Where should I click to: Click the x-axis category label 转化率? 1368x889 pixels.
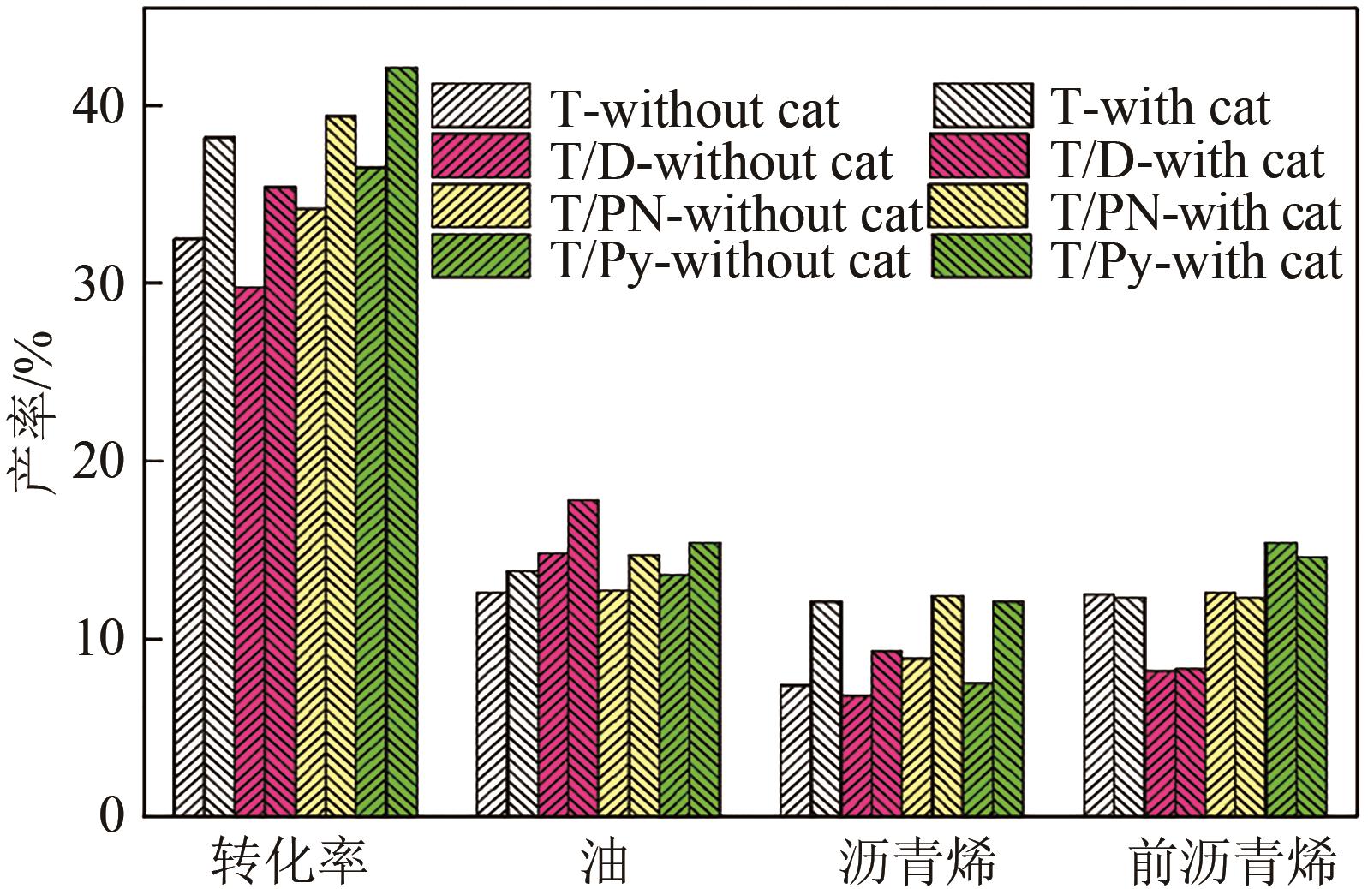click(290, 861)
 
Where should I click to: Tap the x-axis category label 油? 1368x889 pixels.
click(603, 861)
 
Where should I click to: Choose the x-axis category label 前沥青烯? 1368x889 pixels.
click(1233, 861)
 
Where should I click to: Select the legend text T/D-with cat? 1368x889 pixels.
click(1189, 160)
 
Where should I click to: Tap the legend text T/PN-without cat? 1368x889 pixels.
click(736, 212)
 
